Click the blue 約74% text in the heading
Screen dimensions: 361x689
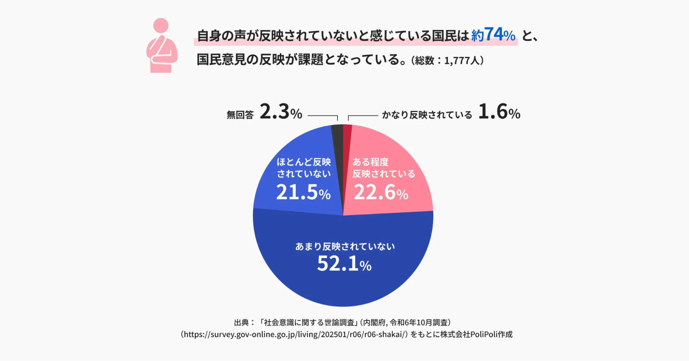coord(493,35)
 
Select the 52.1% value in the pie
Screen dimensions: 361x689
coord(344,264)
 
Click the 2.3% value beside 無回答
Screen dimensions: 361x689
coord(281,112)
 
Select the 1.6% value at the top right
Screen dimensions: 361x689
coord(499,112)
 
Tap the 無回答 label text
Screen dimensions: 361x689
coord(240,115)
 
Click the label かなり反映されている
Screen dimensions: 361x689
coord(427,115)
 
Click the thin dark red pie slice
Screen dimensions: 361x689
coord(347,141)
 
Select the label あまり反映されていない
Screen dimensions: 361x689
coord(345,246)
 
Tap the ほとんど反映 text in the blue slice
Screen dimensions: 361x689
coord(304,162)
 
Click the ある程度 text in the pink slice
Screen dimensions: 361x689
coord(370,162)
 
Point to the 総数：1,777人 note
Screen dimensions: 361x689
coord(447,61)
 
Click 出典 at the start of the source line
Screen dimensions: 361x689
coord(241,322)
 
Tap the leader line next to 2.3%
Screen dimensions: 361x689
coord(322,116)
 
